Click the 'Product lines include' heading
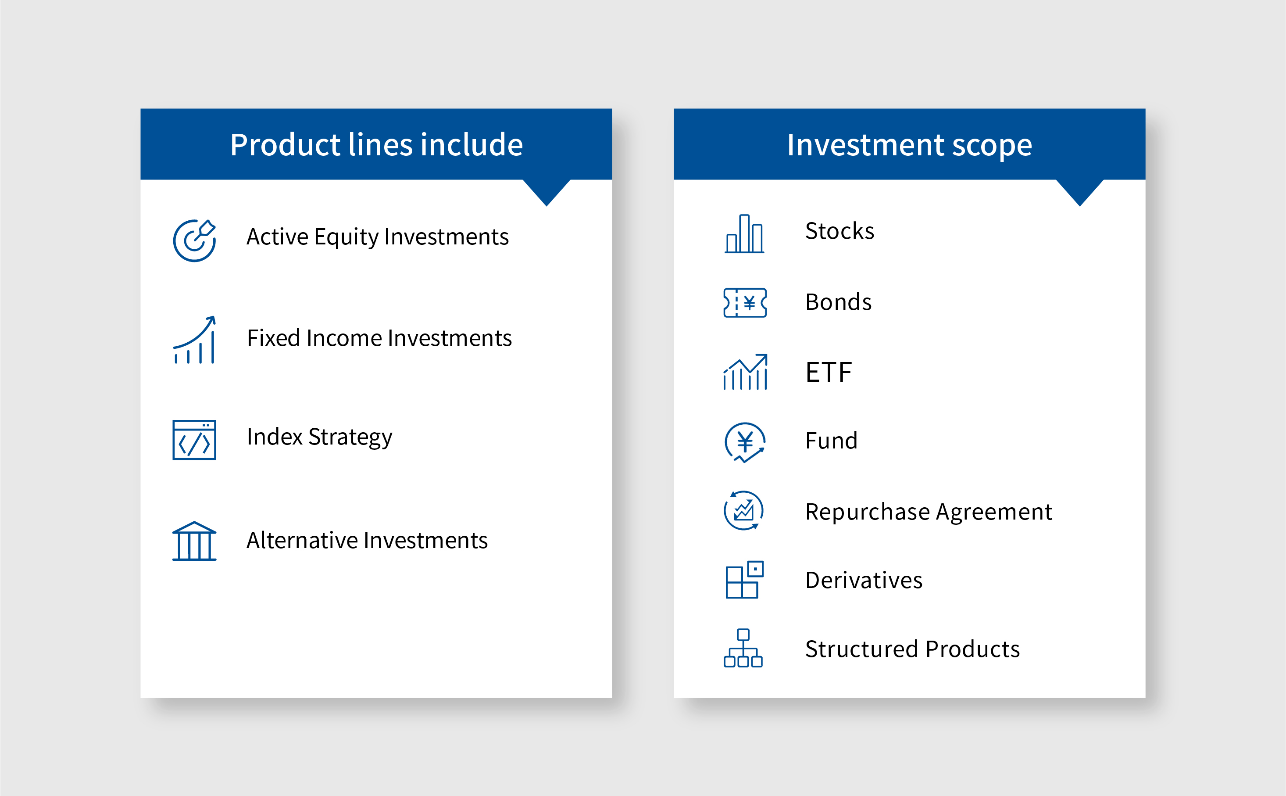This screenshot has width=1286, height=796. [x=376, y=145]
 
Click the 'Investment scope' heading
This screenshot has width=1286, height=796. [x=909, y=145]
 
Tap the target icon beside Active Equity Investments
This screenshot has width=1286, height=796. [x=194, y=241]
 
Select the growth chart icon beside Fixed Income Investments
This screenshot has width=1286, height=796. [x=194, y=340]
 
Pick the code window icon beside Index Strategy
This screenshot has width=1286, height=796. [x=194, y=440]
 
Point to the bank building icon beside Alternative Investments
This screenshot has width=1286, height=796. [x=194, y=541]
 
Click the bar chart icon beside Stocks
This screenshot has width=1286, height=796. [x=744, y=234]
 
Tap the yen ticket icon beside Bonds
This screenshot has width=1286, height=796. [x=745, y=303]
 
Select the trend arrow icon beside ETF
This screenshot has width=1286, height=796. [x=745, y=372]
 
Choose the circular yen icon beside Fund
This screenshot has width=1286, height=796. [x=745, y=442]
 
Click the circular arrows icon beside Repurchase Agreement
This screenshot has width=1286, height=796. [x=743, y=511]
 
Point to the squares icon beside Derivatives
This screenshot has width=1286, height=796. [x=744, y=580]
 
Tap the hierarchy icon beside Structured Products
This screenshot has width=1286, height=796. [x=743, y=648]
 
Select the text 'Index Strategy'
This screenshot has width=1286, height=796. [x=319, y=437]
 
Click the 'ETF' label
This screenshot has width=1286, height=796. [x=829, y=372]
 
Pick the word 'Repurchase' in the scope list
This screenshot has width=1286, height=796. [x=868, y=512]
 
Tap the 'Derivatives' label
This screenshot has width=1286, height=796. [x=864, y=580]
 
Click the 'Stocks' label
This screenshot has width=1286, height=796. [x=840, y=231]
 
